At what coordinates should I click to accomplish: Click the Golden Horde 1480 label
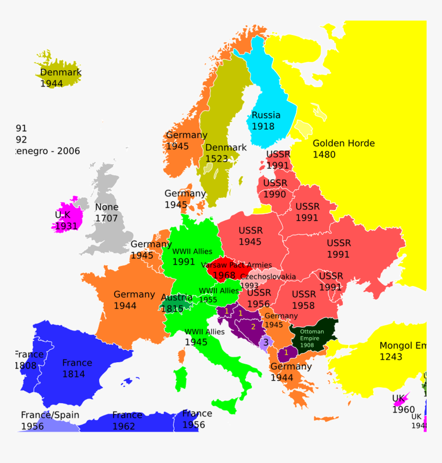click(x=343, y=149)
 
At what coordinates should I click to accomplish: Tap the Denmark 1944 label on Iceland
click(x=61, y=78)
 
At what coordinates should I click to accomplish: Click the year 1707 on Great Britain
click(x=106, y=218)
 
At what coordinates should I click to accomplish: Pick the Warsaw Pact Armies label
click(x=236, y=265)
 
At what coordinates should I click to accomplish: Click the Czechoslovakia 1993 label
click(x=267, y=280)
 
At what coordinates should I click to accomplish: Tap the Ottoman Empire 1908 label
click(x=312, y=338)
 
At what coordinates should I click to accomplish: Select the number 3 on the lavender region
click(x=266, y=342)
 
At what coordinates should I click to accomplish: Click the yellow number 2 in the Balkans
click(x=253, y=327)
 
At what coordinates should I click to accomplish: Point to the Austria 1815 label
click(x=176, y=303)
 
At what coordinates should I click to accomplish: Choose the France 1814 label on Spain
click(x=77, y=368)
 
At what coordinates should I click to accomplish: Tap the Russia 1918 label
click(x=266, y=120)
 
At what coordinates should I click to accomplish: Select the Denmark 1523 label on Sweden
click(x=226, y=153)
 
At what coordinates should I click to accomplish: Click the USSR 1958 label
click(x=304, y=299)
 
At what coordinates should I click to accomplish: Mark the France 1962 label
click(x=126, y=420)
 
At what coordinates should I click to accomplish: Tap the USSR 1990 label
click(x=275, y=188)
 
